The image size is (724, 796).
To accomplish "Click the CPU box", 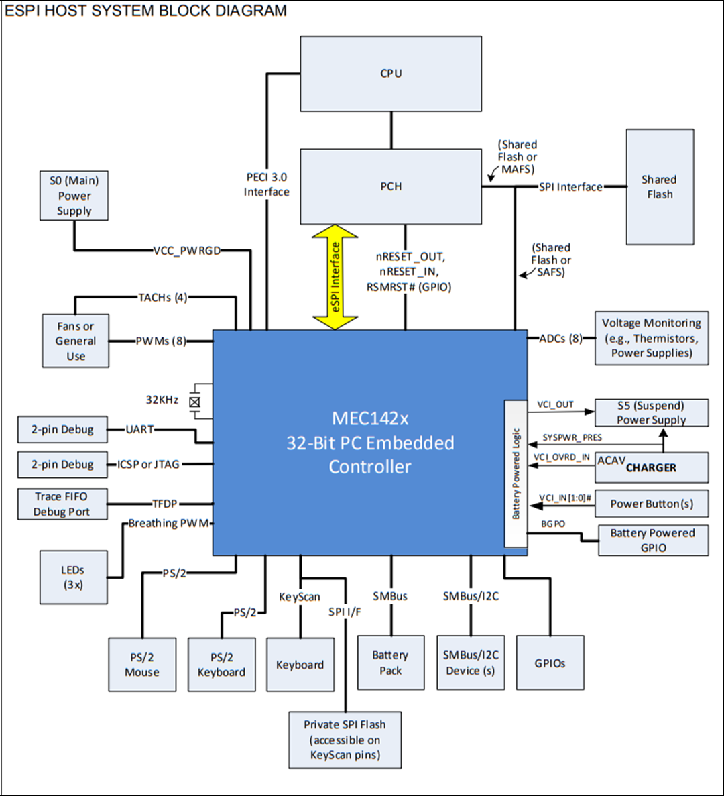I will [391, 74].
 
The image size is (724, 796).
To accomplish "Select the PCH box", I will [391, 186].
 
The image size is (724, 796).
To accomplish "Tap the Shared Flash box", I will [660, 187].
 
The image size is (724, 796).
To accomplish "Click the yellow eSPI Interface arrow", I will [335, 277].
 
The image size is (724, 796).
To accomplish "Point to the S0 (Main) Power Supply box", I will [74, 196].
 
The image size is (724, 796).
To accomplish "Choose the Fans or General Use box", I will [75, 341].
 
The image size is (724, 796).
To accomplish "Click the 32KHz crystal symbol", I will [194, 402].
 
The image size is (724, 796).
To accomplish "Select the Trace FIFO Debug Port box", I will [62, 504].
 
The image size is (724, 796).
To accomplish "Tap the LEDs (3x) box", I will [73, 577].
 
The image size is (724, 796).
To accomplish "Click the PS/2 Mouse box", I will [142, 665].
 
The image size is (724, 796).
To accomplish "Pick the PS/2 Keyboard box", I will [221, 665].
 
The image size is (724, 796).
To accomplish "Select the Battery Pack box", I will [391, 663].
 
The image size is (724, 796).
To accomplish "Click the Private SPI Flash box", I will [345, 740].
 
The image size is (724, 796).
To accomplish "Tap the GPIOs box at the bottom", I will [550, 663].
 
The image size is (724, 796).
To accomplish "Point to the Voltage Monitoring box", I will [651, 338].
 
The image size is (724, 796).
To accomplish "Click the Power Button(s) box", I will [651, 504].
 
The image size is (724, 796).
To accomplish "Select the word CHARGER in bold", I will [651, 468].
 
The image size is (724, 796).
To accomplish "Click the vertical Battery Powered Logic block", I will [516, 473].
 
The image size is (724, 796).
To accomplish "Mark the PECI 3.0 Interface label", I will [266, 184].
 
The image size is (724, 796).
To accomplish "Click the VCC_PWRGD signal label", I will [186, 251].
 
